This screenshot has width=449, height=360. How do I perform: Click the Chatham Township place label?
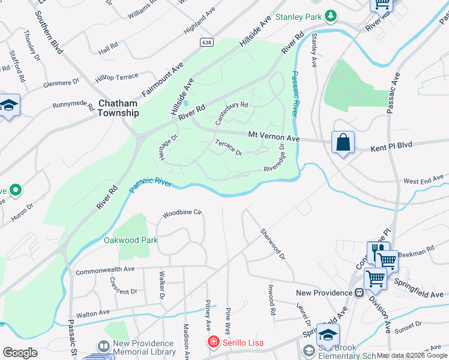point(118,108)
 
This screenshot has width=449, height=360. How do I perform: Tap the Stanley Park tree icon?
point(330,17)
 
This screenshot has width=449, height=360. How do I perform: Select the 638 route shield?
point(206,42)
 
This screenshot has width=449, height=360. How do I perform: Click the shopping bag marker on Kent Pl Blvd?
point(343,143)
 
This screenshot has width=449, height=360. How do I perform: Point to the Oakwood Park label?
point(131,240)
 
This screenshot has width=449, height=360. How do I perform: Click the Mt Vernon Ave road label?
point(273,137)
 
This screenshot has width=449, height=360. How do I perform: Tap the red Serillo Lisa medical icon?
point(212,343)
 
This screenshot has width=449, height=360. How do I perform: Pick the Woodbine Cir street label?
point(184,213)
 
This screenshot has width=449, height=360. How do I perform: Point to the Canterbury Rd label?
point(232,112)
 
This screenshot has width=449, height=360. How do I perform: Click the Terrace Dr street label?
point(229,148)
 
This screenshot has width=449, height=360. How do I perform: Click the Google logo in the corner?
point(20,352)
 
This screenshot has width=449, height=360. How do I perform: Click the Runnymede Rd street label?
point(73,106)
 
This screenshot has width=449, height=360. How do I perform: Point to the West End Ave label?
point(424,180)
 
